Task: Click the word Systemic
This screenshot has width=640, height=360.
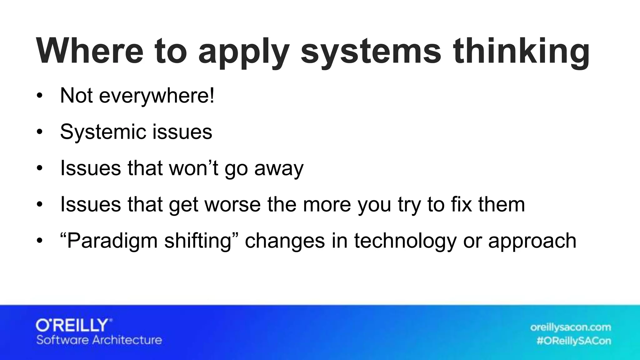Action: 102,132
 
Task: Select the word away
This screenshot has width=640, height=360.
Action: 279,169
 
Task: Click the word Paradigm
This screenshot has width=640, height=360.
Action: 112,241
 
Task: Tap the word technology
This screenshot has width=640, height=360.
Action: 405,241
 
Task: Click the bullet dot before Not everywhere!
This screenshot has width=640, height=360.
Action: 39,96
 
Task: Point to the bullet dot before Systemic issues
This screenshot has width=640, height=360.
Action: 39,132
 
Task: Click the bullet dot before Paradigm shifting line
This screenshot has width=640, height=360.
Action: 39,241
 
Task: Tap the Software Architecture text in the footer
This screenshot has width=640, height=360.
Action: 99,340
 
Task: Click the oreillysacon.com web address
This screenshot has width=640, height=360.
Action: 570,327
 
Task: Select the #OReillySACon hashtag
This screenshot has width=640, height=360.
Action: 574,341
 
